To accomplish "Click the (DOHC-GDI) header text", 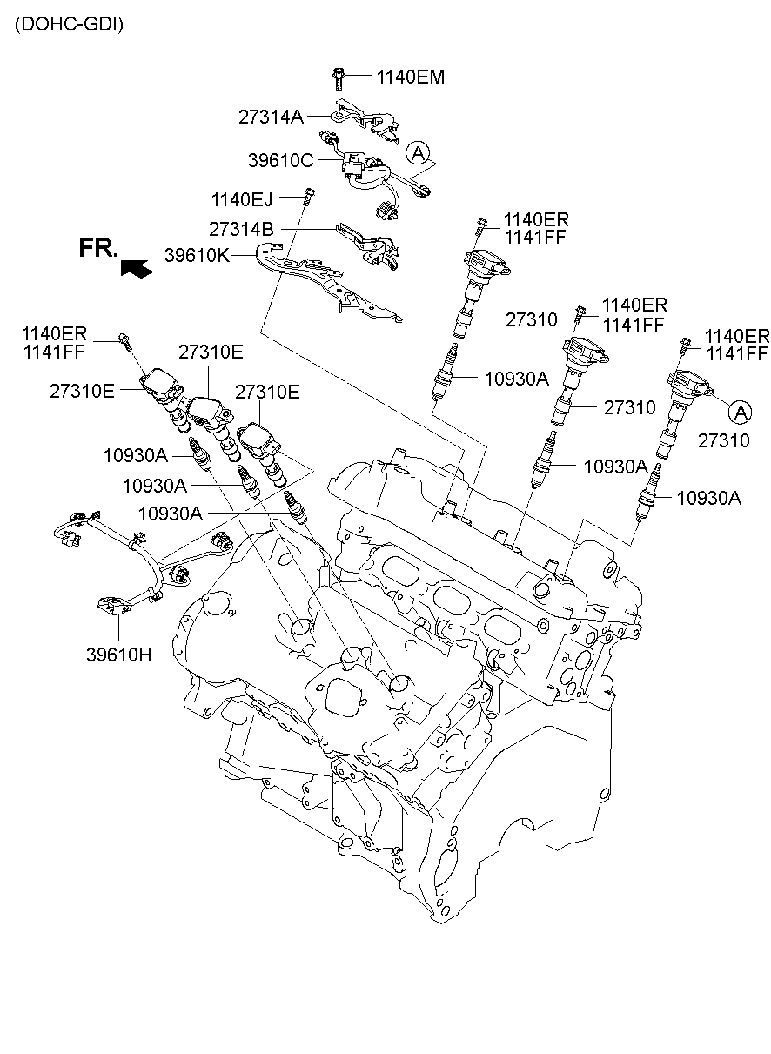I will pyautogui.click(x=69, y=24).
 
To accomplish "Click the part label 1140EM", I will pyautogui.click(x=410, y=77).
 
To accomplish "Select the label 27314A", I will pyautogui.click(x=271, y=116).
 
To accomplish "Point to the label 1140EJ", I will pyautogui.click(x=241, y=200).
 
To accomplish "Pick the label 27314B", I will pyautogui.click(x=241, y=229).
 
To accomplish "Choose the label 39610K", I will pyautogui.click(x=197, y=256).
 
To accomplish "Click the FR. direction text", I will pyautogui.click(x=98, y=248).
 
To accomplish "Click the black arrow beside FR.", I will pyautogui.click(x=136, y=269).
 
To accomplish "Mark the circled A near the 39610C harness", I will pyautogui.click(x=419, y=154).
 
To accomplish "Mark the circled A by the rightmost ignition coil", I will pyautogui.click(x=740, y=410).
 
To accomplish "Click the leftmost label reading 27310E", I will pyautogui.click(x=81, y=391).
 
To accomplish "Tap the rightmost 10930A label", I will pyautogui.click(x=708, y=498).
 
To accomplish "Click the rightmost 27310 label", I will pyautogui.click(x=723, y=441).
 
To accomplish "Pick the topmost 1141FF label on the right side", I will pyautogui.click(x=534, y=238).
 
